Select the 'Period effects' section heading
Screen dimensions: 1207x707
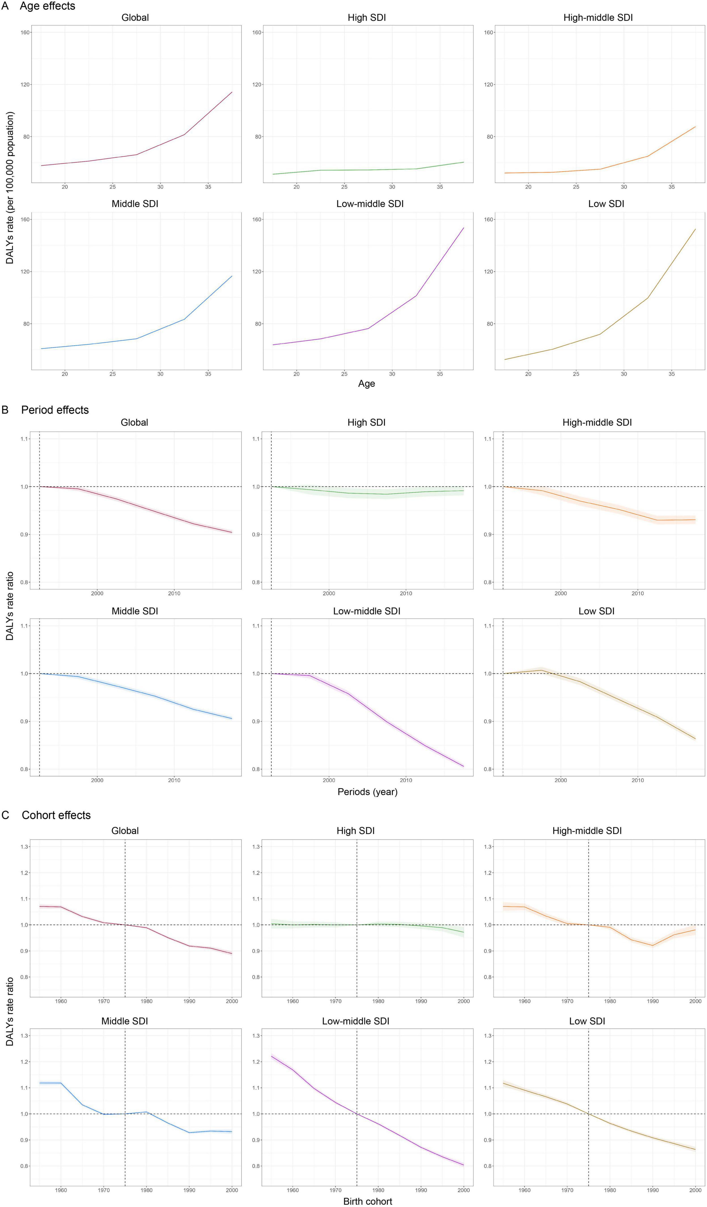tap(55, 410)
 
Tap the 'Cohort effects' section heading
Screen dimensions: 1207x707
tap(56, 815)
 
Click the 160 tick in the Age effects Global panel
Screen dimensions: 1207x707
tap(25, 33)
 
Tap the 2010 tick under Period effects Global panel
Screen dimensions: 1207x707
tap(174, 593)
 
